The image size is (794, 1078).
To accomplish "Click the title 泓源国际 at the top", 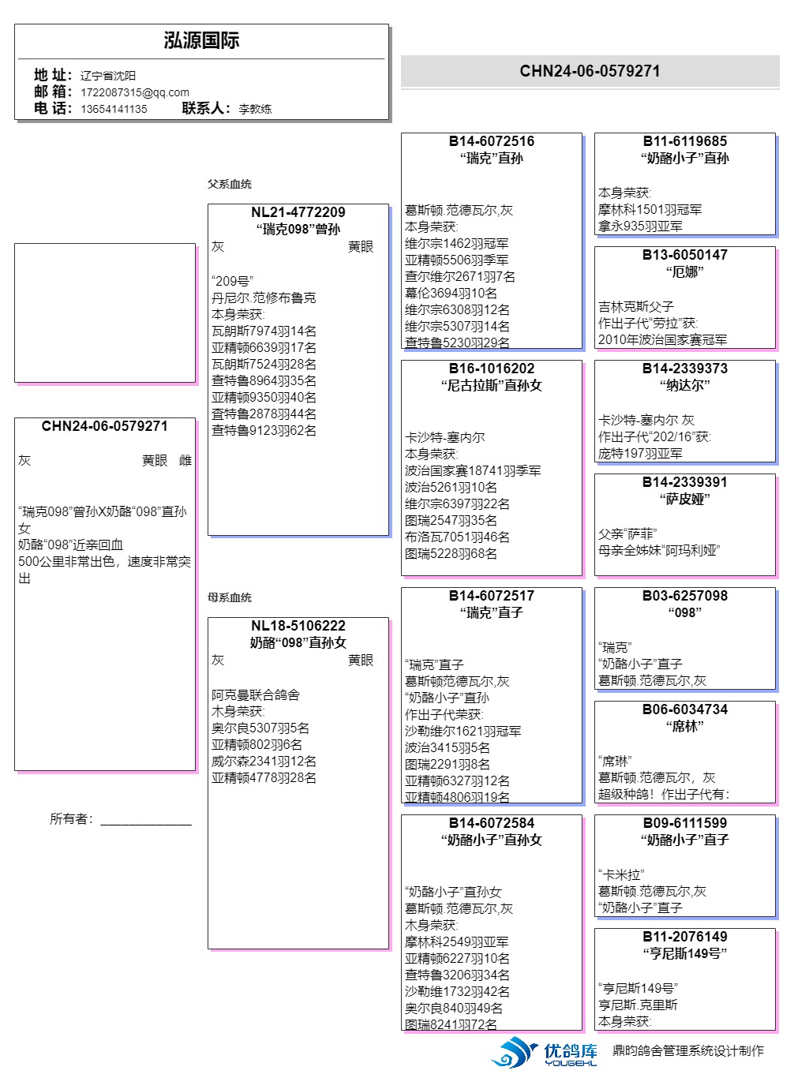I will pos(201,41).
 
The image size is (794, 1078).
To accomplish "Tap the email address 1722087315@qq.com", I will pos(135,92).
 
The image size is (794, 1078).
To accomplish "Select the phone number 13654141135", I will pos(114,109).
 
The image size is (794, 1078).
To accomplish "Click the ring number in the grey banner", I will pos(590,71).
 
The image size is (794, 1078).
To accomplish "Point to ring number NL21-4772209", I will pos(298,212).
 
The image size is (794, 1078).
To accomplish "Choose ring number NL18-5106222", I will pos(298,626).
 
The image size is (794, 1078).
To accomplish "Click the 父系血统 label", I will pos(230,184).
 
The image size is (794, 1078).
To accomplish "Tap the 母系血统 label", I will pos(230,597).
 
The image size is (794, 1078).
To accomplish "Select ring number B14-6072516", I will pos(491,141).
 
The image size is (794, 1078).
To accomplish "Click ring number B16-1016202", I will pos(491,369).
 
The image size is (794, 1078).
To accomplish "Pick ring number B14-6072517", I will pos(491,596).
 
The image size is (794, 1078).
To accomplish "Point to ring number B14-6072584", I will pos(491,823).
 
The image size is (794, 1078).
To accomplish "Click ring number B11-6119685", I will pos(684,141).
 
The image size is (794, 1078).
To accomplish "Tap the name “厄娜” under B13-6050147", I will pos(684,272).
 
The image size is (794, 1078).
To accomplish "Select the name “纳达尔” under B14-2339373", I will pos(684,386).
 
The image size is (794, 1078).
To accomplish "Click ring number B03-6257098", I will pos(684,596).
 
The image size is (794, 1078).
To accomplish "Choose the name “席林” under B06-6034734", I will pos(684,727).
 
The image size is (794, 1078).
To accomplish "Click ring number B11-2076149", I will pos(684,937).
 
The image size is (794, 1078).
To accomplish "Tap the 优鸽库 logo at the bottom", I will pos(545,1053).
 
